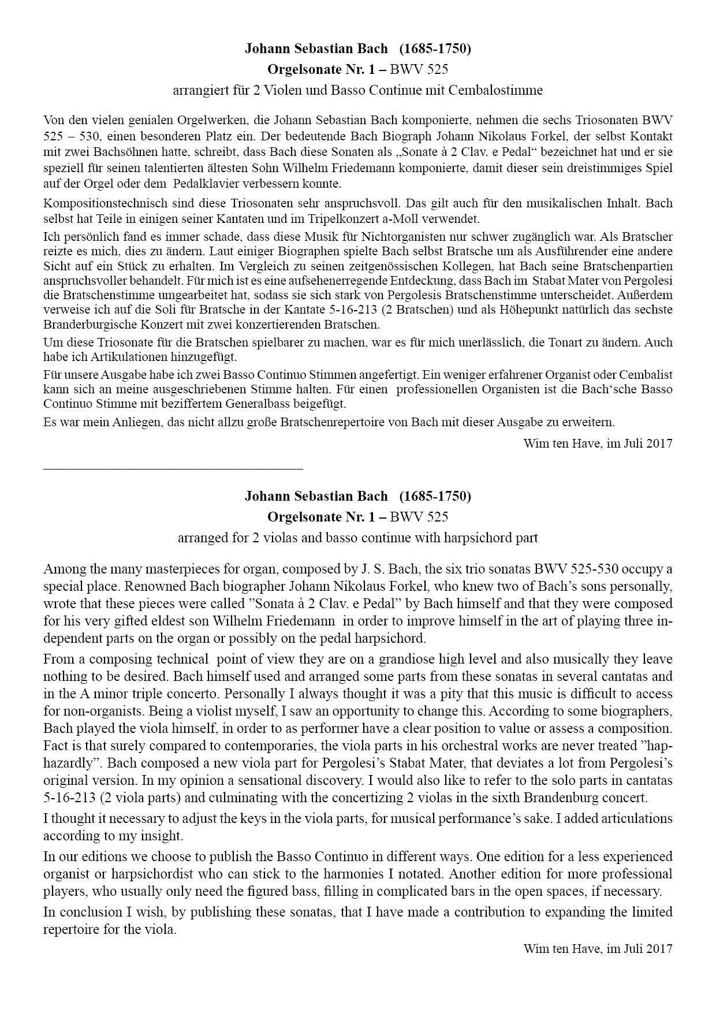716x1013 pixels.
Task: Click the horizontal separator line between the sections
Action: pyautogui.click(x=173, y=468)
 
